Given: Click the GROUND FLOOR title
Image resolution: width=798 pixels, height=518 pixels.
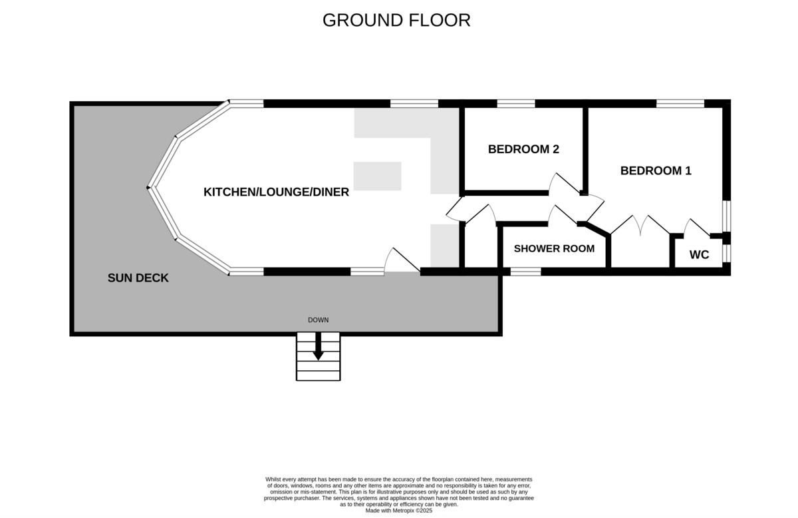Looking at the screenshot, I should pyautogui.click(x=396, y=20).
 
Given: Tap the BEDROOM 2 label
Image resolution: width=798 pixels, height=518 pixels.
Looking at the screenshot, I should pyautogui.click(x=523, y=149).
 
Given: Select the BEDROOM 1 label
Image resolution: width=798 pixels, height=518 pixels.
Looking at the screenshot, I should pyautogui.click(x=656, y=170).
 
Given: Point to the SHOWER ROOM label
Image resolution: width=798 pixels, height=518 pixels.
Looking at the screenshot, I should pyautogui.click(x=554, y=248).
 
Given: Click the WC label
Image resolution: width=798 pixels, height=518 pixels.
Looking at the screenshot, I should pyautogui.click(x=699, y=254).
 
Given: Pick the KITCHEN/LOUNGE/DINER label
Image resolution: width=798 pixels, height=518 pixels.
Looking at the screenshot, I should pyautogui.click(x=276, y=192).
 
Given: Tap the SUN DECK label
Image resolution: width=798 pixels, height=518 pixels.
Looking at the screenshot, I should pyautogui.click(x=138, y=278).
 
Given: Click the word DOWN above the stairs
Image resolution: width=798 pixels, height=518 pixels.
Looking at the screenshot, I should pyautogui.click(x=318, y=320).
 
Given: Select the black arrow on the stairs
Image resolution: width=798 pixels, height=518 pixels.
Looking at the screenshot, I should pyautogui.click(x=318, y=348).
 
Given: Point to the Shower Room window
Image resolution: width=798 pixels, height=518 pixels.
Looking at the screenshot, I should pyautogui.click(x=525, y=271).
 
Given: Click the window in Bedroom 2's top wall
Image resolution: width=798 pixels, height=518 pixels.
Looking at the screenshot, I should pyautogui.click(x=516, y=103).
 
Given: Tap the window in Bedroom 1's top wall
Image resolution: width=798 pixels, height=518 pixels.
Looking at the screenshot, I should pyautogui.click(x=680, y=103).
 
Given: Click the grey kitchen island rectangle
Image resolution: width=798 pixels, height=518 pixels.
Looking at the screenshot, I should pyautogui.click(x=377, y=176).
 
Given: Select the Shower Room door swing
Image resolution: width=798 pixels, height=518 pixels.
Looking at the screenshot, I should pyautogui.click(x=563, y=215).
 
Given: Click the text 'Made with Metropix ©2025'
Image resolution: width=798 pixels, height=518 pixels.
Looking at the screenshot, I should pyautogui.click(x=399, y=511).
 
